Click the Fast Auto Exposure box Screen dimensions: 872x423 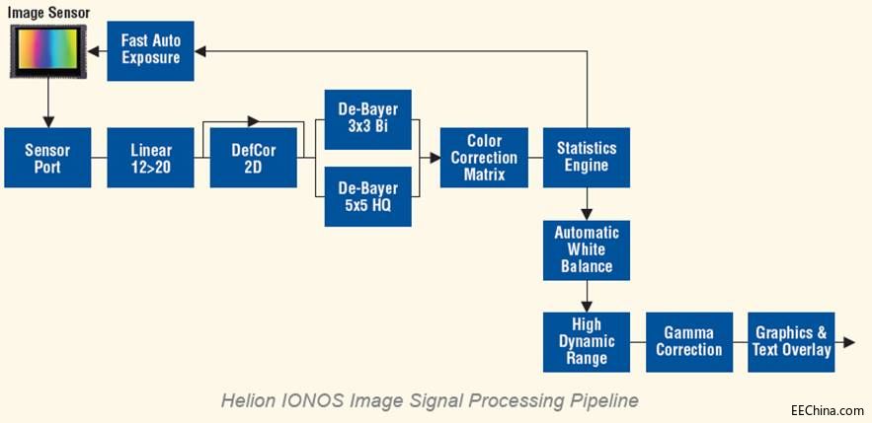coord(150,51)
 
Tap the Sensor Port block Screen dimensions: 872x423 coord(47,158)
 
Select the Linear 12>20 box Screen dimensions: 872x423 coord(150,158)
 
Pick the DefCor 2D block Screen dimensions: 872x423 coord(253,158)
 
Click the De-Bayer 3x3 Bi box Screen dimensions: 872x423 coord(368,119)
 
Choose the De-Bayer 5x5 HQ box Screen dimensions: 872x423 coord(368,196)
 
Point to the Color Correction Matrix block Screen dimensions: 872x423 coord(484,158)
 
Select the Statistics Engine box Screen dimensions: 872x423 coord(587,158)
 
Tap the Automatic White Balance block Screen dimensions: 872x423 coord(587,249)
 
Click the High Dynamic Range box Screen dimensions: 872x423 coord(587,342)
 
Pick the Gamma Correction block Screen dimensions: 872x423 coord(689,342)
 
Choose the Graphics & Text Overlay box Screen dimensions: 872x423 coord(791,342)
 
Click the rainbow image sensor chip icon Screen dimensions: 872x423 coord(48,51)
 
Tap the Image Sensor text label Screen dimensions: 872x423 coord(48,12)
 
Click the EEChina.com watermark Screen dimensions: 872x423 coord(828,410)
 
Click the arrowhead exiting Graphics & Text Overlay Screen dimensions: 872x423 coord(848,342)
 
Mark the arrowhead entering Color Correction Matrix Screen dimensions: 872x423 coord(435,158)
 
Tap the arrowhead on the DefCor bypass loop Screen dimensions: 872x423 coord(254,120)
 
